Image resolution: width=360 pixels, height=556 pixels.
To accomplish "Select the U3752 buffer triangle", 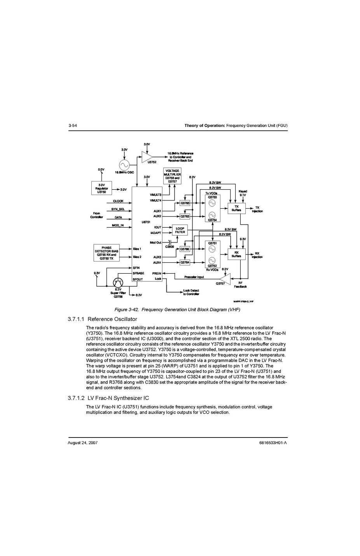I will (x=147, y=157).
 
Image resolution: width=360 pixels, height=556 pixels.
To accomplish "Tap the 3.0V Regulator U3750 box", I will (x=101, y=188).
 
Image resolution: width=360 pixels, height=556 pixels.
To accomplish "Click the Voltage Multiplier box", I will (x=172, y=176).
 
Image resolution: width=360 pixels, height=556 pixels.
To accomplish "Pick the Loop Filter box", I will (x=180, y=230).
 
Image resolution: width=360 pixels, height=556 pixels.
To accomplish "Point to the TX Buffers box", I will (x=236, y=208).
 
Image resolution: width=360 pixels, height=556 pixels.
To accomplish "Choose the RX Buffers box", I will (x=236, y=254).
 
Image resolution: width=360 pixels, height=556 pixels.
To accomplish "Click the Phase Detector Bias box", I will (x=107, y=253).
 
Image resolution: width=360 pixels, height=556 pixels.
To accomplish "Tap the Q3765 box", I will (x=185, y=203).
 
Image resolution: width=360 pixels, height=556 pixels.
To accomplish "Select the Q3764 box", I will (x=185, y=262).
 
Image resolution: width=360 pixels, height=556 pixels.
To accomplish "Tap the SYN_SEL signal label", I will (x=118, y=209).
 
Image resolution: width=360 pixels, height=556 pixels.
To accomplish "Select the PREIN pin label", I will (x=157, y=273).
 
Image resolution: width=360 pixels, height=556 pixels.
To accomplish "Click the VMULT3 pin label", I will (x=156, y=195).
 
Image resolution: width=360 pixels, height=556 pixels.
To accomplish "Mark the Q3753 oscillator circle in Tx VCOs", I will (x=212, y=202).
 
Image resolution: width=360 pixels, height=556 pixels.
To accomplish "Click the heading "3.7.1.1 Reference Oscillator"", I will (x=102, y=319).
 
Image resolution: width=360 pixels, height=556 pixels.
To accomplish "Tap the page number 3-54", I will (x=72, y=125).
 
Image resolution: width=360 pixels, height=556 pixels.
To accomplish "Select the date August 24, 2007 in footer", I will (x=82, y=443).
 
